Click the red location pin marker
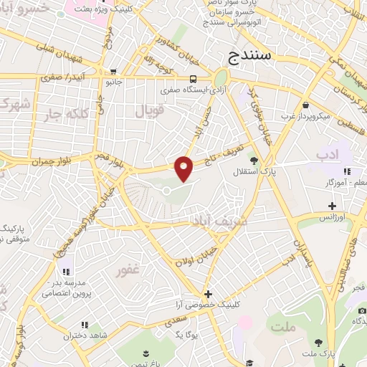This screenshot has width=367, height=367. click(184, 168)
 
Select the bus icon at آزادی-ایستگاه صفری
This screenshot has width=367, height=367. click(194, 80)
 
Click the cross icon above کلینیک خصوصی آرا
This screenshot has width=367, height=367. click(208, 294)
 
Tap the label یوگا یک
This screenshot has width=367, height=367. click(186, 334)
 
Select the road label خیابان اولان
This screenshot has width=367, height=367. click(197, 258)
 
